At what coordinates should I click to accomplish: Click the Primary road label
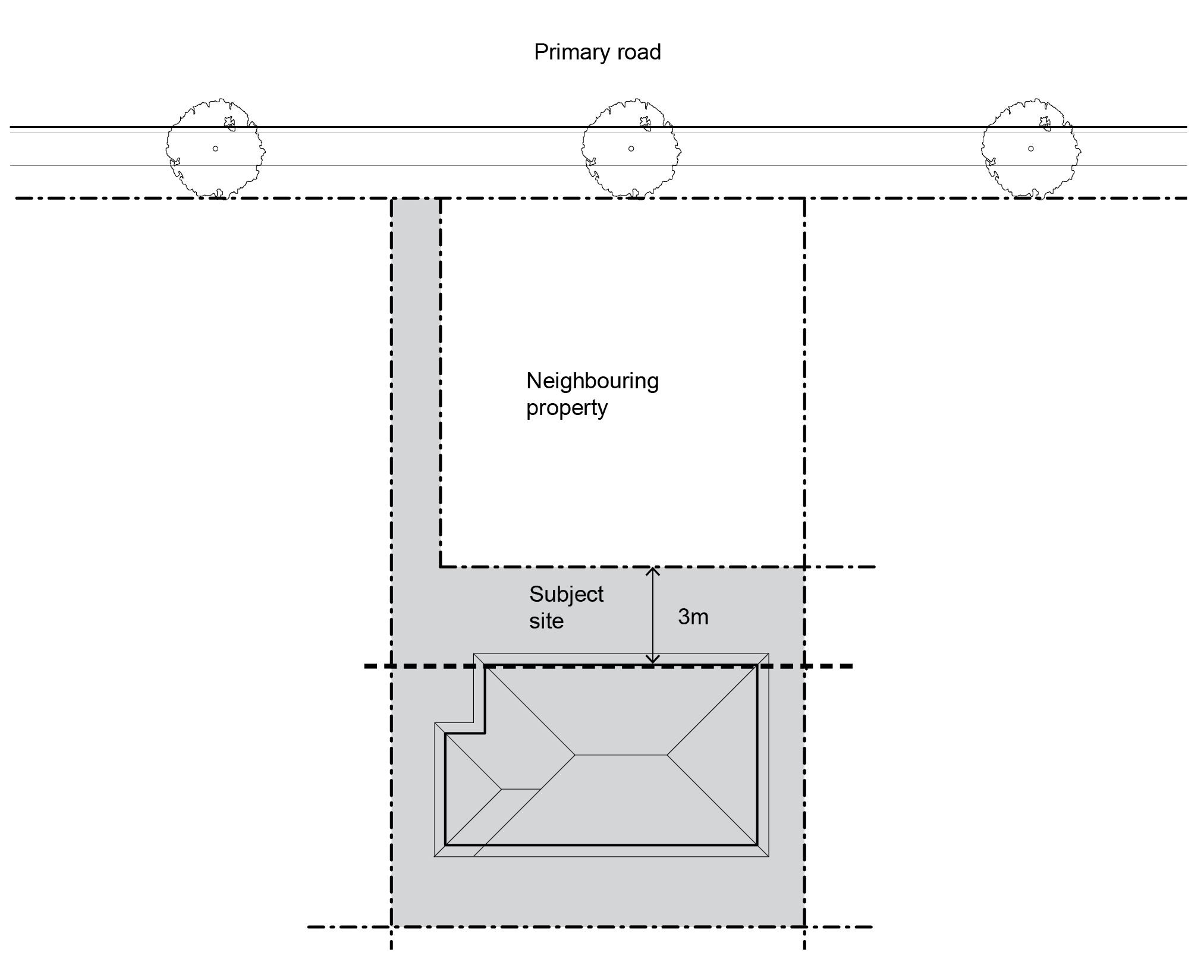597,52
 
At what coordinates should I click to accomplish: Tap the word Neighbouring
592,381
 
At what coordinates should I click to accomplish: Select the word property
566,408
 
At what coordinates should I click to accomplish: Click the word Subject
566,594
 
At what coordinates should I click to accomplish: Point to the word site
546,621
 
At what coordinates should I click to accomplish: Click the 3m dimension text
693,617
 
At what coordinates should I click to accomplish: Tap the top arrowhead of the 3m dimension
653,571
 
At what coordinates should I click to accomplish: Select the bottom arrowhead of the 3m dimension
653,660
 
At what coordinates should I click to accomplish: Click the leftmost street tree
215,149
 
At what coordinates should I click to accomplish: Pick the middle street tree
631,149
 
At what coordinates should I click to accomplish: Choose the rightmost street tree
1030,149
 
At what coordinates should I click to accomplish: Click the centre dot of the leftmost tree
215,149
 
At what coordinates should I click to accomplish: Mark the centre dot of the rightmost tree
1030,149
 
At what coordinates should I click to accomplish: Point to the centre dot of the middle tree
631,149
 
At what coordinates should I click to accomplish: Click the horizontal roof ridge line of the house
621,755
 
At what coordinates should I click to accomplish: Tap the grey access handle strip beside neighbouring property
416,381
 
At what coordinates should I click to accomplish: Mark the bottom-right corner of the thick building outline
756,844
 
